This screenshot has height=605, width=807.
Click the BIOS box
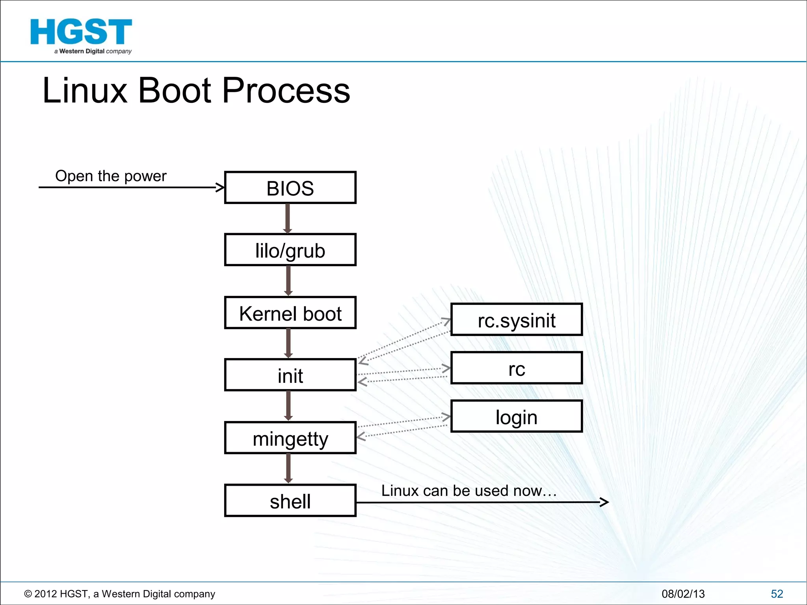[290, 187]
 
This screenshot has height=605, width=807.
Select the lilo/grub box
[290, 250]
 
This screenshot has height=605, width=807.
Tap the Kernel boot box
[290, 313]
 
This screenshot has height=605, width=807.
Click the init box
[290, 375]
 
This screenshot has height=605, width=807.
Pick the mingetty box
[290, 438]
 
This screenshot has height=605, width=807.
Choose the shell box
[290, 501]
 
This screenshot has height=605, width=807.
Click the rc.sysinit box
[516, 319]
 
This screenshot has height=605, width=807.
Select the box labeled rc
[516, 368]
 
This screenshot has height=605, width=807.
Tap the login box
[516, 417]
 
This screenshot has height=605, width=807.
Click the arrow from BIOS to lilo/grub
[288, 219]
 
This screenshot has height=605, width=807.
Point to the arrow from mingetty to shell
[288, 468]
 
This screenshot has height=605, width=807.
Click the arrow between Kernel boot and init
[288, 343]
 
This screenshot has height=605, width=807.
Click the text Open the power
[111, 176]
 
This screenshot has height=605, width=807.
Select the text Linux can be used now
[468, 491]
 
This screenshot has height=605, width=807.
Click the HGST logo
[81, 35]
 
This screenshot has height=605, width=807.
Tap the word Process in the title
[286, 91]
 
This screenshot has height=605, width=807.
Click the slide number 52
[777, 594]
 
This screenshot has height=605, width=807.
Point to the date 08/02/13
[683, 594]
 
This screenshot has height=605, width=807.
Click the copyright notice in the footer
[120, 594]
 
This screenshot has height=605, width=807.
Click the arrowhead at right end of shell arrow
[604, 502]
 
